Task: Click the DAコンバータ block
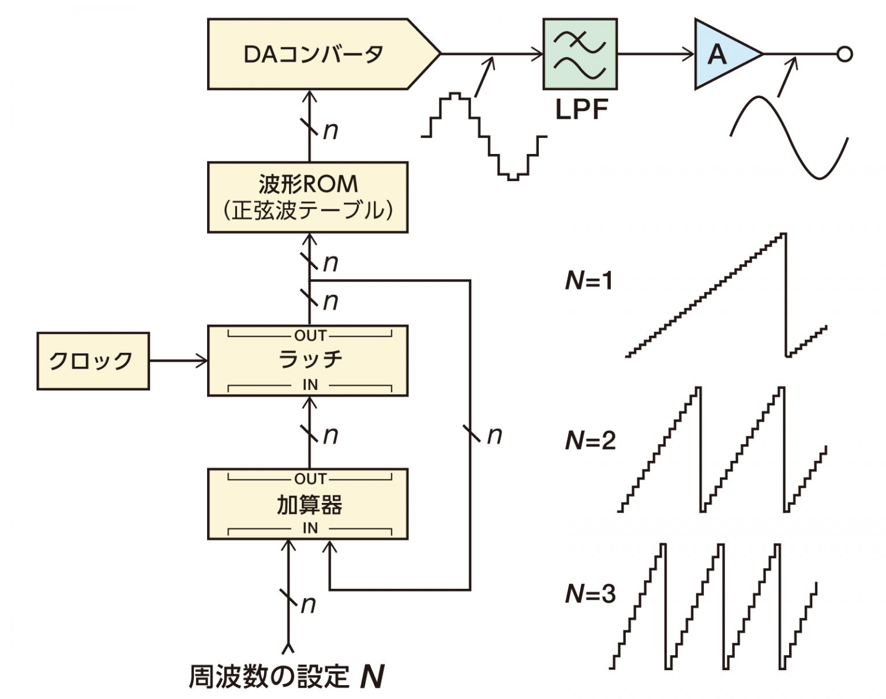click(x=314, y=54)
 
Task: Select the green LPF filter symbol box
click(x=580, y=54)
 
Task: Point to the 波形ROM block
click(x=307, y=197)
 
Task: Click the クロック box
click(x=93, y=361)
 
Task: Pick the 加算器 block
click(x=307, y=504)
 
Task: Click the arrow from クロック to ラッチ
click(x=178, y=361)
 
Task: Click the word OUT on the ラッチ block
click(x=310, y=335)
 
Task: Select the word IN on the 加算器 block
click(x=310, y=528)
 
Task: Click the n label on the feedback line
click(x=494, y=436)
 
